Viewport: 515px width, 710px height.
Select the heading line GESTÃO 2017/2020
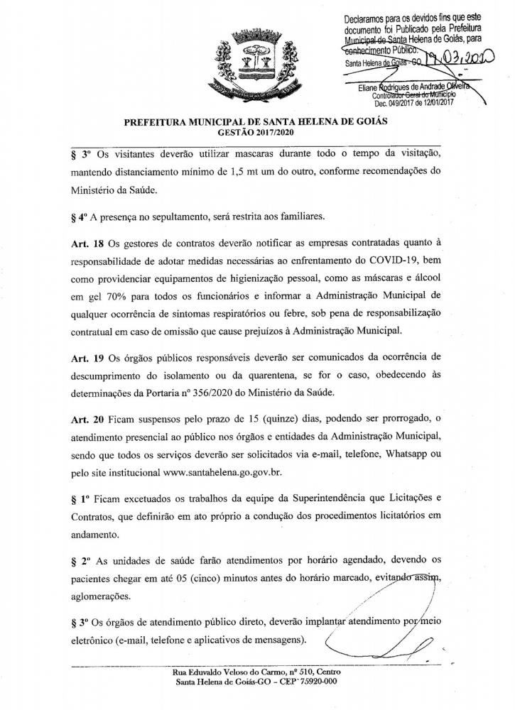pyautogui.click(x=257, y=132)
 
